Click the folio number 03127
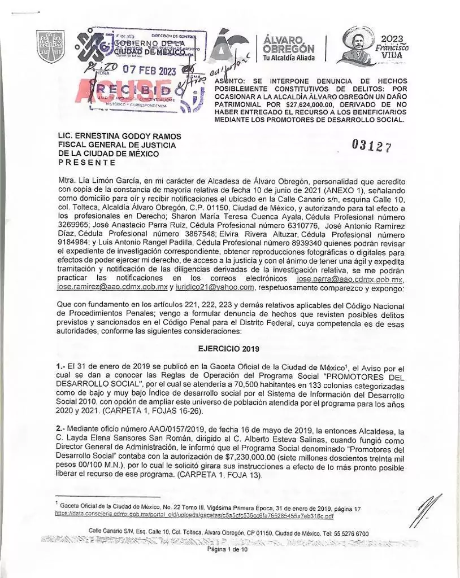tap(371, 145)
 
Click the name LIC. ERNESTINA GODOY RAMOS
tap(116, 135)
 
